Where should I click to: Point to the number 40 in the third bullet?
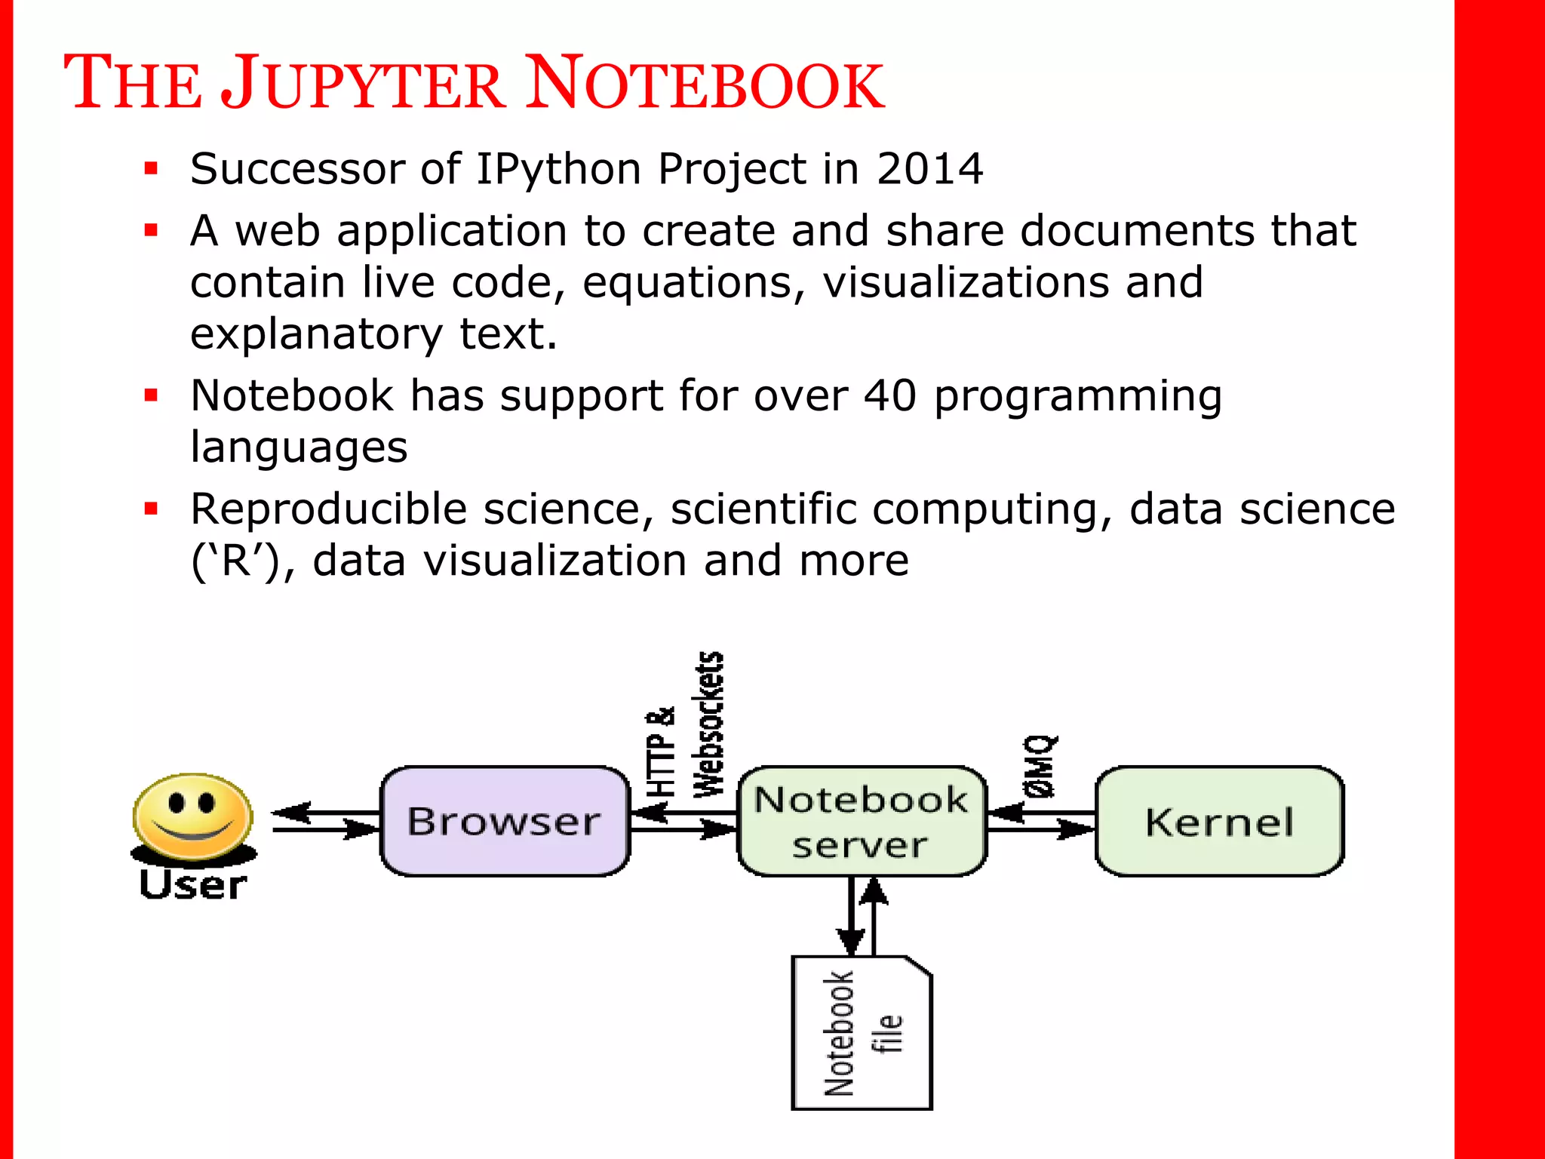click(x=889, y=395)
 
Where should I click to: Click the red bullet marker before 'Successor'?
click(x=152, y=168)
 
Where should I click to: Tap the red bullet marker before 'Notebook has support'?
click(x=152, y=395)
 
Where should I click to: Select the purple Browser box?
click(x=505, y=821)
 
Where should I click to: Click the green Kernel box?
click(x=1219, y=821)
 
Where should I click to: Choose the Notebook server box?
click(x=861, y=821)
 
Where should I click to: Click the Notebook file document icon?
click(x=861, y=1034)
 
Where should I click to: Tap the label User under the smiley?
click(x=193, y=885)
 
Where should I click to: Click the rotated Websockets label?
click(x=708, y=724)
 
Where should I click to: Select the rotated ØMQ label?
click(x=1040, y=767)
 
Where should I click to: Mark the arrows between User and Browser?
click(x=324, y=822)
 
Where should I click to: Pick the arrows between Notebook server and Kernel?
click(x=1040, y=822)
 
